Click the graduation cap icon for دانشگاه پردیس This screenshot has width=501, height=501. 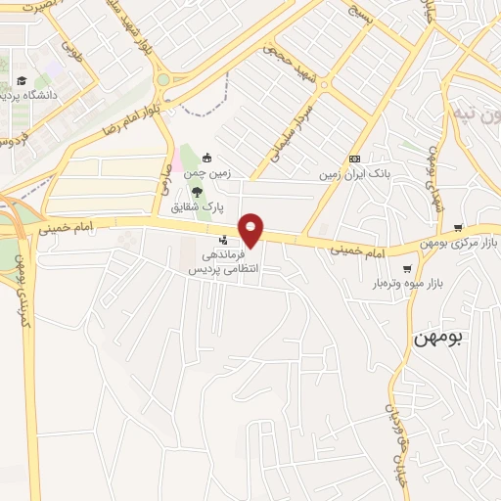pos(22,81)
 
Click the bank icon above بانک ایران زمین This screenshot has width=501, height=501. pos(353,159)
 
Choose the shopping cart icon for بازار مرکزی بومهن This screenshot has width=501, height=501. pos(457,227)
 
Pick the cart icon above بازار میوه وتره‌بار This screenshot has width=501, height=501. pos(407,267)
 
